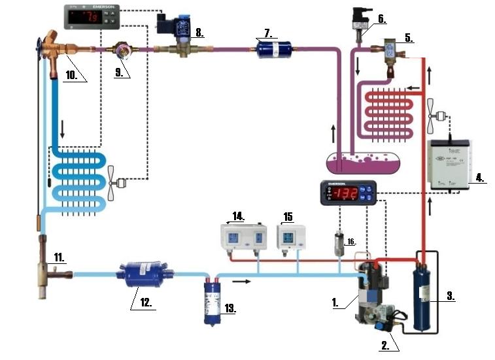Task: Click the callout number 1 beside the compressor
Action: (334, 302)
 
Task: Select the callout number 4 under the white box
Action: (479, 176)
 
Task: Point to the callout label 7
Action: (267, 32)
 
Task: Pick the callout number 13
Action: (228, 307)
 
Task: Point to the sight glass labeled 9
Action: (122, 49)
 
